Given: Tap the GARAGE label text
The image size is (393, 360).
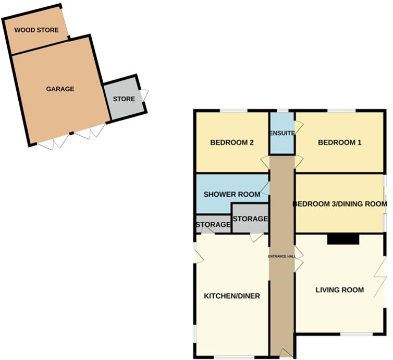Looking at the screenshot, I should pos(60,89).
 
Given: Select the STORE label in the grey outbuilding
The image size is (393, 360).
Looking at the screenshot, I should pos(124,99).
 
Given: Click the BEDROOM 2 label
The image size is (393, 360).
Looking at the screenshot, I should pos(231,142).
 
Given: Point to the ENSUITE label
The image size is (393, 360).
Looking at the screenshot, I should pos(282,133).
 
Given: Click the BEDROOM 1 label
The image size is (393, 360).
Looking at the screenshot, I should pos(339,142).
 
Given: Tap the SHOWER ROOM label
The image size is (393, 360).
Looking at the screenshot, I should pos(231,195).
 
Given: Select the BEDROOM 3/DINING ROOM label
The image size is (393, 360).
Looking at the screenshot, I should pos(339,204).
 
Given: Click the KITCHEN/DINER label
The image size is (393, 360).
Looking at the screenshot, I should pos(231,296).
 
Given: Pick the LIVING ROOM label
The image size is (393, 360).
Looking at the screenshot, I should pos(339,290).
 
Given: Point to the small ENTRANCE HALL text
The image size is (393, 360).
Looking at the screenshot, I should pos(282,256).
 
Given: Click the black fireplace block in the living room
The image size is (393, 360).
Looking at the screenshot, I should pos(343,239).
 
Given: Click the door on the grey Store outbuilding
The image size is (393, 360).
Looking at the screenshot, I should pos(144,95).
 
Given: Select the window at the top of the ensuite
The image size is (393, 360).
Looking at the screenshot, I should pos(282,111).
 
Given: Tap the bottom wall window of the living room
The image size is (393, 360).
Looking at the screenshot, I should pos(357,333).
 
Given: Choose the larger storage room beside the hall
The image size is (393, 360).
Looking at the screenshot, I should pos(250,219).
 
